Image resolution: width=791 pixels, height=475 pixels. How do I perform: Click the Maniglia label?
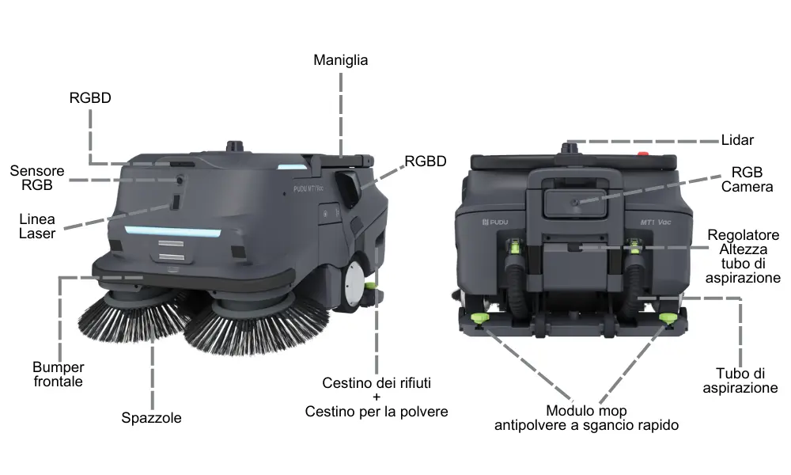pyautogui.click(x=340, y=60)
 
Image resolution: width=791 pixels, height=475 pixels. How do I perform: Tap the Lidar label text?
pyautogui.click(x=737, y=140)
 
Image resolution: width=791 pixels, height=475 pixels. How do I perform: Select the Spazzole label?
pyautogui.click(x=151, y=418)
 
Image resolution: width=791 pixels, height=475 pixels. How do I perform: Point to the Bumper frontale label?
pyautogui.click(x=58, y=374)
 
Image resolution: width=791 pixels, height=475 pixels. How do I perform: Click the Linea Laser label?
pyautogui.click(x=37, y=226)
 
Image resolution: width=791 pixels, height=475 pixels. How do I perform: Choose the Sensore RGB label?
pyautogui.click(x=37, y=177)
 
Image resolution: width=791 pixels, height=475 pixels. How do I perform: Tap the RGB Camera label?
pyautogui.click(x=747, y=179)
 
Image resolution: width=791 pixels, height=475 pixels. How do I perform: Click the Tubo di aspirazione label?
pyautogui.click(x=740, y=381)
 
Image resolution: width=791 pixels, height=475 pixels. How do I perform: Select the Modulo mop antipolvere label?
pyautogui.click(x=586, y=418)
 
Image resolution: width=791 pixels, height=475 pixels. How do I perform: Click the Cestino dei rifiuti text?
pyautogui.click(x=377, y=383)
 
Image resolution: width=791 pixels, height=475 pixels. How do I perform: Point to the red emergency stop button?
pyautogui.click(x=643, y=154)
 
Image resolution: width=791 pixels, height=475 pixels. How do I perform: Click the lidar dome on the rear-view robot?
pyautogui.click(x=570, y=148)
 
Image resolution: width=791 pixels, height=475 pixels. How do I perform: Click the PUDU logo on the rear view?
pyautogui.click(x=495, y=222)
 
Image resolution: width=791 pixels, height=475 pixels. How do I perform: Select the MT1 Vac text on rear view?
pyautogui.click(x=655, y=222)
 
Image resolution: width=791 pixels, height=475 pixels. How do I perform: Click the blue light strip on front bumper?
pyautogui.click(x=173, y=232)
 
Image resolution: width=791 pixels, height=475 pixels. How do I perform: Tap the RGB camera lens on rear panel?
pyautogui.click(x=574, y=203)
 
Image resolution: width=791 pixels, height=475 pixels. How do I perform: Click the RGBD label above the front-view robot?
pyautogui.click(x=90, y=98)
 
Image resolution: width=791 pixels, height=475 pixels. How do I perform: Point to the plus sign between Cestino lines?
pyautogui.click(x=377, y=397)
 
